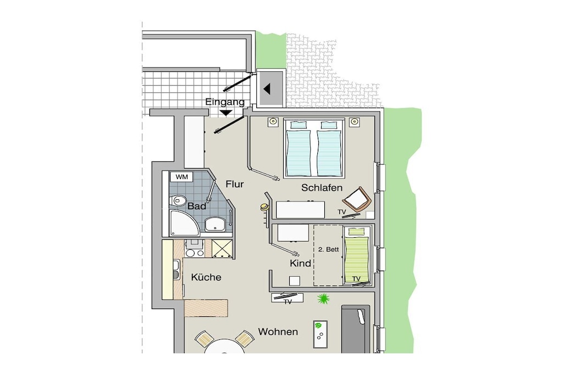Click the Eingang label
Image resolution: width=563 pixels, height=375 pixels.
point(225,102)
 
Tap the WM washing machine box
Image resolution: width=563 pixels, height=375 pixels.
point(181,177)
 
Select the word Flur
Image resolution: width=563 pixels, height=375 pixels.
point(234,184)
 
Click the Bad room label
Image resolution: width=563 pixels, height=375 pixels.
point(197,206)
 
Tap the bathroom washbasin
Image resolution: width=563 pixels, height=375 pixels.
point(215,224)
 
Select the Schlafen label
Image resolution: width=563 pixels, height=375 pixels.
point(322,188)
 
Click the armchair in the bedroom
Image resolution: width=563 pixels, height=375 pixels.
point(357,200)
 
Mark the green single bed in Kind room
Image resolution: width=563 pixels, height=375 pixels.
point(357,255)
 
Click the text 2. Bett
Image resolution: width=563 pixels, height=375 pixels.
point(329,249)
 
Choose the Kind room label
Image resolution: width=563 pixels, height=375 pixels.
point(300,264)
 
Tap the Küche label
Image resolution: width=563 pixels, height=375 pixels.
point(206,277)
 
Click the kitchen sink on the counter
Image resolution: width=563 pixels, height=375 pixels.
point(176,269)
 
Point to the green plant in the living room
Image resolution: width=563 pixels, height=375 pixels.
point(323,299)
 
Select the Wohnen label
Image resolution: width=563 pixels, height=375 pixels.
point(278,332)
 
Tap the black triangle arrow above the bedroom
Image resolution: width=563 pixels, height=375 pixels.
point(267,88)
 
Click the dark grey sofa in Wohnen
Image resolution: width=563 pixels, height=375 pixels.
point(356,329)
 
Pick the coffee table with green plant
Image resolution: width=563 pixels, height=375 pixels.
point(321,334)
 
